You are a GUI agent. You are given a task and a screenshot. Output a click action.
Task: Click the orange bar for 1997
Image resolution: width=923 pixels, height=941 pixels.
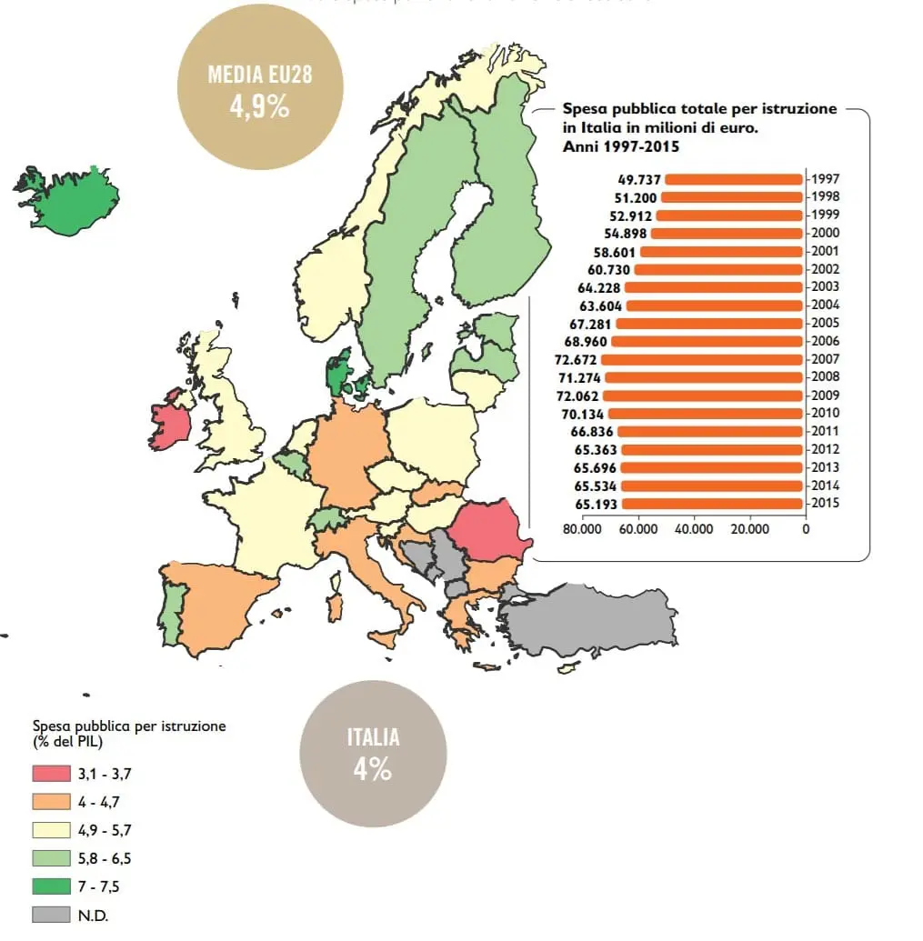[735, 179]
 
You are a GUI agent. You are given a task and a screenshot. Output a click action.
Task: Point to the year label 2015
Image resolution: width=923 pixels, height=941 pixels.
[825, 504]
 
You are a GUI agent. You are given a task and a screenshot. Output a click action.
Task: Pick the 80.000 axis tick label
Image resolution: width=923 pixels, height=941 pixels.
[582, 528]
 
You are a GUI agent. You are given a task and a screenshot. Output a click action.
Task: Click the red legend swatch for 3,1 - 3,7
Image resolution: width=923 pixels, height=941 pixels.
[51, 775]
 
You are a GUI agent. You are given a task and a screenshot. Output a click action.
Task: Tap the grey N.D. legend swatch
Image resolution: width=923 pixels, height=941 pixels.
[51, 915]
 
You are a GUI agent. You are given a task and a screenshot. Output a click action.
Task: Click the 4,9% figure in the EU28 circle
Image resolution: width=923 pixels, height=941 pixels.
[259, 107]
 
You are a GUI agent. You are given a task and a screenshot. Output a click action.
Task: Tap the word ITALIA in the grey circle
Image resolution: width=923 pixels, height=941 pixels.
[373, 737]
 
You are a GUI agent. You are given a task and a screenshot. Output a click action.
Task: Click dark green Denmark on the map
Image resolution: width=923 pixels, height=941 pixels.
[339, 373]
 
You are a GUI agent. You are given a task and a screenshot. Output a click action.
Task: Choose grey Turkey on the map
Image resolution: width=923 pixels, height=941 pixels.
[591, 619]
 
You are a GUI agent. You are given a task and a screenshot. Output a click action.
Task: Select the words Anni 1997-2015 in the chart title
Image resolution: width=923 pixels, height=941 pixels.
[620, 145]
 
